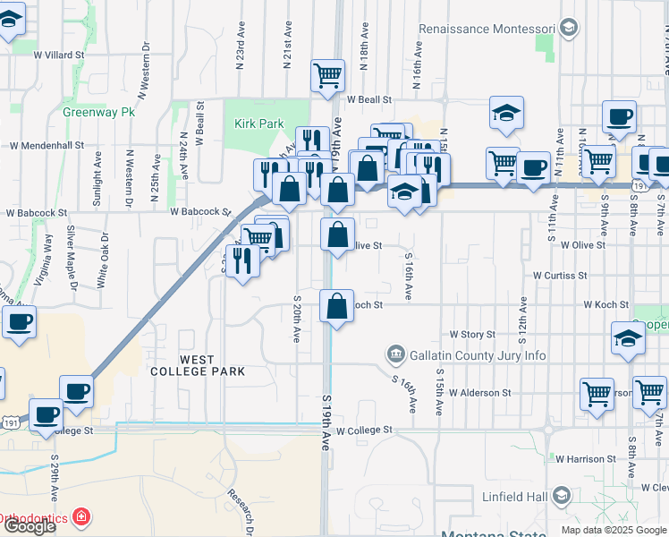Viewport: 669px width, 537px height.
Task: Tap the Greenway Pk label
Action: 98,113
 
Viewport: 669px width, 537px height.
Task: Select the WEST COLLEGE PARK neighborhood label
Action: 184,365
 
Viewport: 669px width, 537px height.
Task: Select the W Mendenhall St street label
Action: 47,144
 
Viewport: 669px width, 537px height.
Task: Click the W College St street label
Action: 364,430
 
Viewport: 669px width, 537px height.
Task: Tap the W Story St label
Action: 472,335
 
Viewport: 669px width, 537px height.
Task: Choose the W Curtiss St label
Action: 560,277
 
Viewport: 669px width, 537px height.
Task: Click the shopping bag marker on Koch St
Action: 335,307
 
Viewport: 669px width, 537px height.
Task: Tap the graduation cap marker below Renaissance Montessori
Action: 505,113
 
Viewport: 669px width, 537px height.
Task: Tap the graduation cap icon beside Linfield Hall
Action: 563,496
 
